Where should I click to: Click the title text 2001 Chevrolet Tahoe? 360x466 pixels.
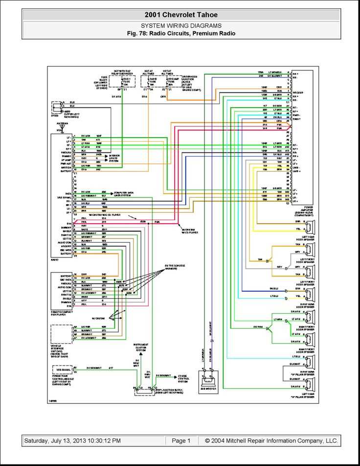181,15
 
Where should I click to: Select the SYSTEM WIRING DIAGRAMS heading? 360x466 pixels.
181,25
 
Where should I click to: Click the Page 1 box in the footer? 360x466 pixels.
181,441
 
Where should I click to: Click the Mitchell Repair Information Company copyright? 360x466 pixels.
271,441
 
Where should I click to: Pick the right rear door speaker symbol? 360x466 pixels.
310,295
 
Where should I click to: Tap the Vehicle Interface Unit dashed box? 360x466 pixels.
62,333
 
